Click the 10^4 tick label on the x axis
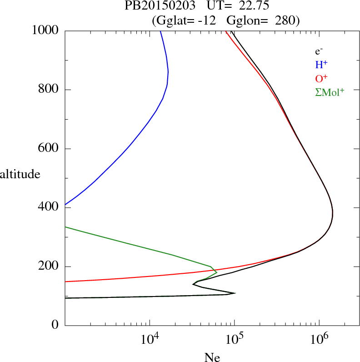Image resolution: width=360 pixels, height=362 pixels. pos(150,339)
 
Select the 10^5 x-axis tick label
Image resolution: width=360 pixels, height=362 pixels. pos(234,339)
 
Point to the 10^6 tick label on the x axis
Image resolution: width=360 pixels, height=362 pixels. pos(319,339)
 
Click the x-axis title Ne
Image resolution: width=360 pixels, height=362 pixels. pos(212,357)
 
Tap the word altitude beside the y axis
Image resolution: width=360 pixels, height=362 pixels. pos(20,174)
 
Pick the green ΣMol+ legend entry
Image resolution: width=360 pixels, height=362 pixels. pos(330,92)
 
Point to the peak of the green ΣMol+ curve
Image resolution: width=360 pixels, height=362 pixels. pos(216,272)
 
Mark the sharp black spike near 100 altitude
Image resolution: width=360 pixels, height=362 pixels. pos(235,293)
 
